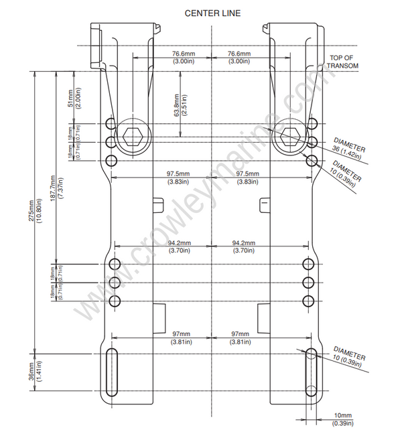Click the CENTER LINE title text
[x=212, y=13]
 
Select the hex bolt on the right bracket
[x=292, y=137]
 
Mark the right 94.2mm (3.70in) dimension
[x=243, y=246]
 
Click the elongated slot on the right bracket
[x=311, y=371]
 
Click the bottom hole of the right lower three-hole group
[x=308, y=300]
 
